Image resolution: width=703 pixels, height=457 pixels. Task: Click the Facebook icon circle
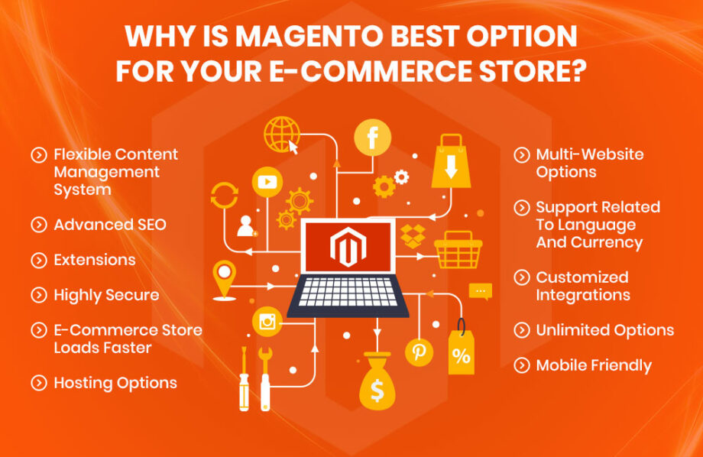(x=373, y=138)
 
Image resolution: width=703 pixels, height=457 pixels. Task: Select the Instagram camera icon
(x=267, y=322)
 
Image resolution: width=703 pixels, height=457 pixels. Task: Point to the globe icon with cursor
(x=279, y=134)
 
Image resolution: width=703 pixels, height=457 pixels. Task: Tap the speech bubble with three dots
(x=481, y=291)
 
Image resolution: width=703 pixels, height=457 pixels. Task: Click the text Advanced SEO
(x=109, y=225)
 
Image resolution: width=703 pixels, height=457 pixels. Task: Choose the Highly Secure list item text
(x=106, y=295)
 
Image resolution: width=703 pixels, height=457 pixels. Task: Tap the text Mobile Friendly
(x=594, y=365)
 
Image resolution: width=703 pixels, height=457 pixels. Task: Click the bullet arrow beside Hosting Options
(x=38, y=383)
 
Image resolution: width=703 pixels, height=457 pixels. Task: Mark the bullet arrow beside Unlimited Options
(x=522, y=330)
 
